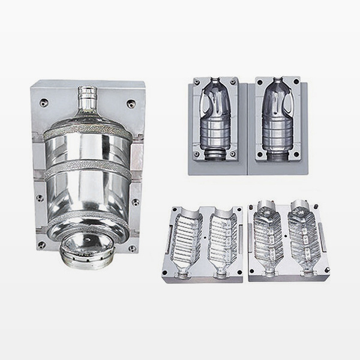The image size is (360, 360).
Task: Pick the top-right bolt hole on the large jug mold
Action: (x=131, y=103)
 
